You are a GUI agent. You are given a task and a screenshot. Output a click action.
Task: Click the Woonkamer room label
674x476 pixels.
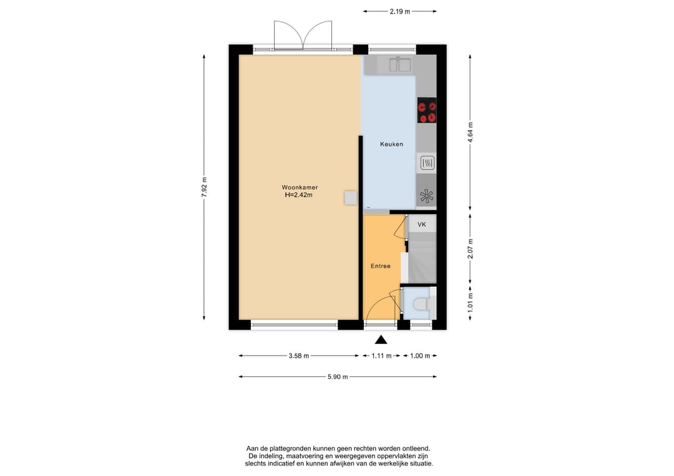[300, 187]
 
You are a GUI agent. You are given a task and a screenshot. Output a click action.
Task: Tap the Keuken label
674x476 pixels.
[391, 144]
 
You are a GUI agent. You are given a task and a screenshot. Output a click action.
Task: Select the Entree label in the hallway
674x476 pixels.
[381, 266]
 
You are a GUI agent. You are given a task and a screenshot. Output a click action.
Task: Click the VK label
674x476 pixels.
[422, 224]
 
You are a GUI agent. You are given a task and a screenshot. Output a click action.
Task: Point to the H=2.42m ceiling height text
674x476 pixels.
[299, 195]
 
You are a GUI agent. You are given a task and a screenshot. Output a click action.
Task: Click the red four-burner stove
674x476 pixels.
[427, 110]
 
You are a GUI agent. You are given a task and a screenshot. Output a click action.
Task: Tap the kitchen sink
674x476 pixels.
[400, 64]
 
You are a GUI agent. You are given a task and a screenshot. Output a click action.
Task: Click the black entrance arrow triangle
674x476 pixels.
[381, 340]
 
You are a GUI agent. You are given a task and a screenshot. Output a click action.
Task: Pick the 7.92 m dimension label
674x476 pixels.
[204, 187]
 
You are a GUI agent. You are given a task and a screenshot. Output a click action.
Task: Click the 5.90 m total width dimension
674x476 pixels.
[338, 377]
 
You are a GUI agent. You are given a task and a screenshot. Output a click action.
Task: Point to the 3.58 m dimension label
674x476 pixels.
[299, 356]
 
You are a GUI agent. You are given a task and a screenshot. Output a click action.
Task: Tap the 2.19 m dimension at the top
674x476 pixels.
[400, 12]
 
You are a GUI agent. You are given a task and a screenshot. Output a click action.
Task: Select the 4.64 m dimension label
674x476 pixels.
[471, 133]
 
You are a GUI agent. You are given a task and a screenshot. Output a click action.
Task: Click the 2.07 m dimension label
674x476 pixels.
[471, 249]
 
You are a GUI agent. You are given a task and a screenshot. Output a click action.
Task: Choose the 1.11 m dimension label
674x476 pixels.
[382, 356]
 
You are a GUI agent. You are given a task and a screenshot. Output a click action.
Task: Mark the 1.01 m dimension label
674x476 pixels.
[471, 303]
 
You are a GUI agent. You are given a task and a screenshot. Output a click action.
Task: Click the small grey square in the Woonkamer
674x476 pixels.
[350, 198]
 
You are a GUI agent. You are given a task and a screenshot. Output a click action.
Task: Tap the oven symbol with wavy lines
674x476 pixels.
[427, 163]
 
